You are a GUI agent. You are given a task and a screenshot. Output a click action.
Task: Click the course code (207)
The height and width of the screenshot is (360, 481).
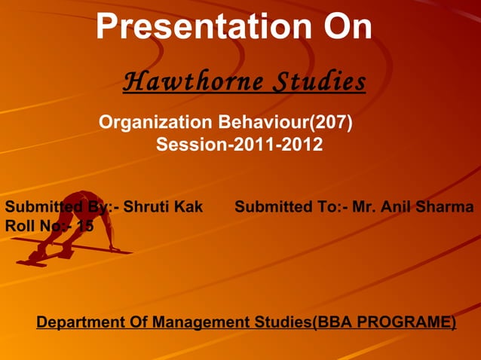tap(332, 121)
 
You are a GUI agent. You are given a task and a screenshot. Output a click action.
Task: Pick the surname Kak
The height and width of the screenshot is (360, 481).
tap(188, 206)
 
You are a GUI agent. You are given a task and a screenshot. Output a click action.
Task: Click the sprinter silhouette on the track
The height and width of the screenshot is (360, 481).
tap(72, 226)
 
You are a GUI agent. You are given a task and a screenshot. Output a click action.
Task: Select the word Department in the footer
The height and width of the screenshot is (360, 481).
tap(82, 322)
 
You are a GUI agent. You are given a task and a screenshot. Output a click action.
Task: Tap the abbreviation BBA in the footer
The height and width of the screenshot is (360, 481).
tap(335, 322)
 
